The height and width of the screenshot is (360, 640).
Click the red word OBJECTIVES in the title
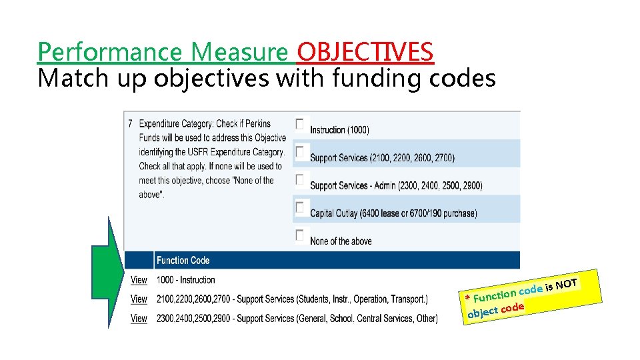click(x=365, y=51)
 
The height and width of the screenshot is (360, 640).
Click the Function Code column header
click(x=183, y=261)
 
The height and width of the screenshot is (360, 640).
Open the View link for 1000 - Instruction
click(x=139, y=280)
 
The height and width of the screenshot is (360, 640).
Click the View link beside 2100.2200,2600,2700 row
click(x=139, y=299)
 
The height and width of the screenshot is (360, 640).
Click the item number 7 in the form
click(x=131, y=124)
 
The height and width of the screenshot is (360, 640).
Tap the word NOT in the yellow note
click(x=566, y=285)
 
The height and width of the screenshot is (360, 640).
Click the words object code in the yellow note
click(x=495, y=309)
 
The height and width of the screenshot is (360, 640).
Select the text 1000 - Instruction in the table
click(x=185, y=280)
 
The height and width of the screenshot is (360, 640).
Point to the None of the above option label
click(x=341, y=241)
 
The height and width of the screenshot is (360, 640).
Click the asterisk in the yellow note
click(x=468, y=297)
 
